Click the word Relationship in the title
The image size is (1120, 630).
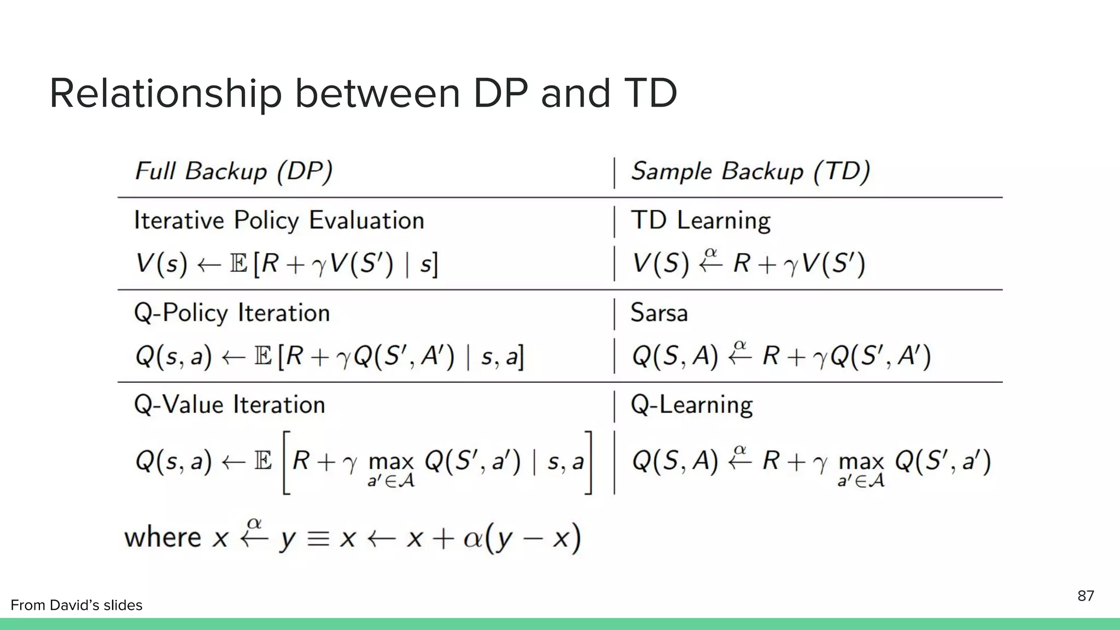165,94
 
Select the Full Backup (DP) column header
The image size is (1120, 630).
234,172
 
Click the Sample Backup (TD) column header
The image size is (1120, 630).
750,172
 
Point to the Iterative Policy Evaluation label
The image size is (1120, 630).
279,221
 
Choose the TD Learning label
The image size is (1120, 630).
701,221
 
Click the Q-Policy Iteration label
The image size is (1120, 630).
232,313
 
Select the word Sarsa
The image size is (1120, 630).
659,313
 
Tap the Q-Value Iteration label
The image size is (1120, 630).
230,405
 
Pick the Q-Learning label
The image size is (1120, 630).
692,405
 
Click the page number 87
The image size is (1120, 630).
1086,596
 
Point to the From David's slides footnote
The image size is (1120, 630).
77,605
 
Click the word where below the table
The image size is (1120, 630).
162,538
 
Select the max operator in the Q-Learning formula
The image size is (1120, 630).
861,463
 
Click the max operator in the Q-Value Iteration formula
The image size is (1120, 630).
391,463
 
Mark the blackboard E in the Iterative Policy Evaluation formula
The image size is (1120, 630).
238,264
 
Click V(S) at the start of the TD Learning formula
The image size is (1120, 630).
661,264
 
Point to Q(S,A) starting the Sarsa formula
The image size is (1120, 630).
674,357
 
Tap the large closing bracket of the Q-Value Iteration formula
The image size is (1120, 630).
588,463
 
